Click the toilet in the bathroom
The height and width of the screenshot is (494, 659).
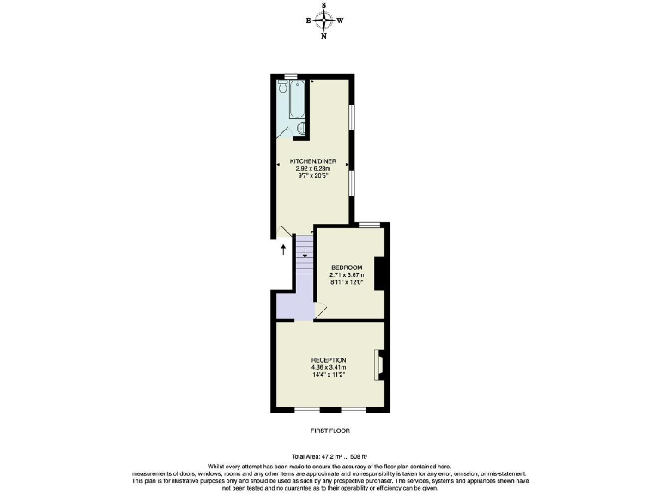tap(282, 86)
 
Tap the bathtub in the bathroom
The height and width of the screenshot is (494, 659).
tap(296, 100)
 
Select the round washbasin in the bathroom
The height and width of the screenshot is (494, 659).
tap(299, 130)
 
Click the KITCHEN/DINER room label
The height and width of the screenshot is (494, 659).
tap(312, 161)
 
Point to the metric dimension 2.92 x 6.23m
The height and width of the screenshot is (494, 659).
tap(312, 169)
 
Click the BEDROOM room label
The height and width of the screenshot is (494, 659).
tap(348, 268)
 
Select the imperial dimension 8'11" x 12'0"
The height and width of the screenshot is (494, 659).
tap(348, 282)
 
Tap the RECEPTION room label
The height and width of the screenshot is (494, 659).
tap(329, 359)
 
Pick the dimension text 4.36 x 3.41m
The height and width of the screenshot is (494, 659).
tap(329, 367)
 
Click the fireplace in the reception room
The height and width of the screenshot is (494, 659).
tap(377, 364)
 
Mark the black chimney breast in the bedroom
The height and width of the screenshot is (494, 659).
tap(379, 274)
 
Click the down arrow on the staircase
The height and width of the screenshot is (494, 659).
tap(305, 252)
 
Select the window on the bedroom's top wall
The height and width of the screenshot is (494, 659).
tap(369, 225)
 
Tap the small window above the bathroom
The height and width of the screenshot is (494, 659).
tap(291, 76)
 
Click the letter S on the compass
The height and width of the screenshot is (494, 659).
tap(324, 4)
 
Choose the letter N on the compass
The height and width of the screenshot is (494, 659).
tap(324, 37)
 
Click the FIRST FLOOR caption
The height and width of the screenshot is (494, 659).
tap(329, 430)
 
